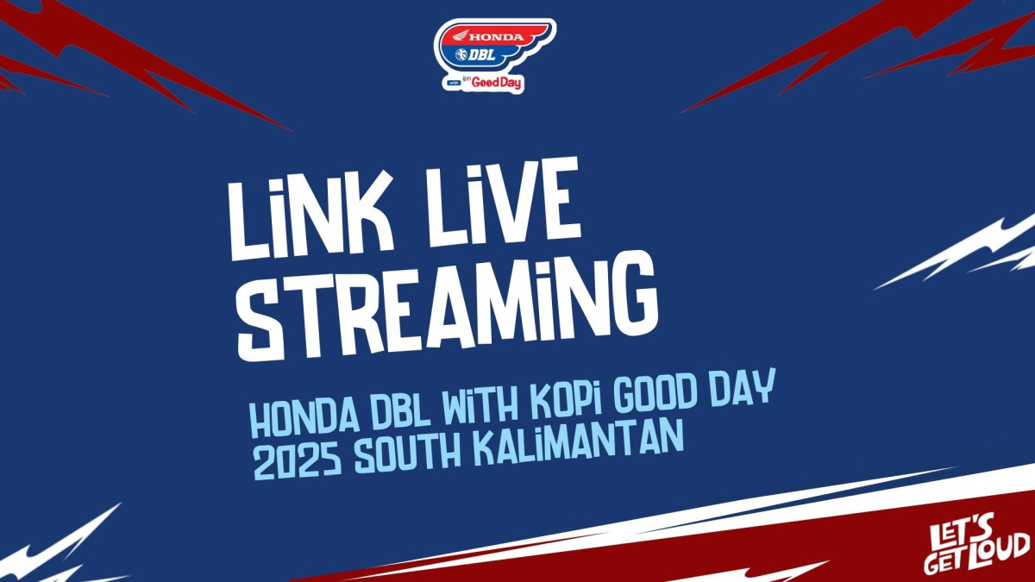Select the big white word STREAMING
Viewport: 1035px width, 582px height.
click(448, 306)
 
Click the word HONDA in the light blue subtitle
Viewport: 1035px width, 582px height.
click(305, 417)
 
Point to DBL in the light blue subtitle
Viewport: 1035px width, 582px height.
click(401, 410)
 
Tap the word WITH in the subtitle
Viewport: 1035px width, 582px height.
click(480, 404)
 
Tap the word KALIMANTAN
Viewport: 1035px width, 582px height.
click(578, 442)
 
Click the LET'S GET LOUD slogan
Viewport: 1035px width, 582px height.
click(976, 548)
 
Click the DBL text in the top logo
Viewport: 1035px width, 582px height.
click(482, 55)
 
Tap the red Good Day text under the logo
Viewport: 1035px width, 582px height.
click(496, 83)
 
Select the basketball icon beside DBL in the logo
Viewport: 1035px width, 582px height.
click(461, 55)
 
